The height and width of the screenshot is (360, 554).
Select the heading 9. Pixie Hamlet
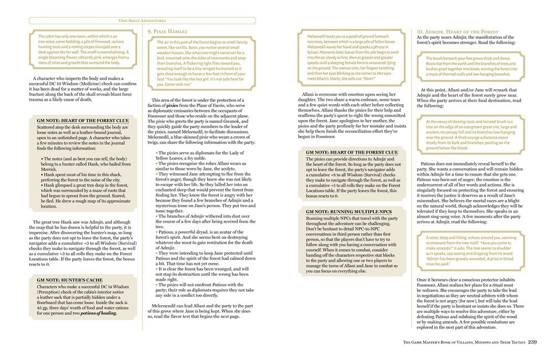(167, 32)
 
